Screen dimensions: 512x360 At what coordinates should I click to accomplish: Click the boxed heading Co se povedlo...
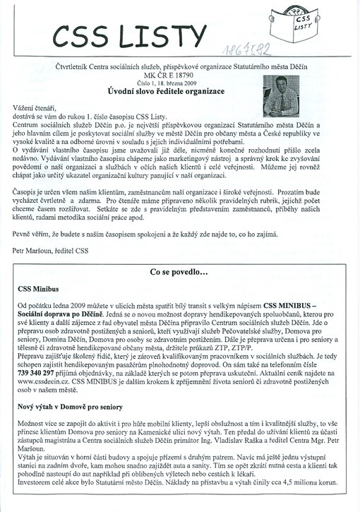(x=179, y=272)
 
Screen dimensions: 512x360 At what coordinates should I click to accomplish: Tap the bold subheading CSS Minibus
(x=39, y=289)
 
